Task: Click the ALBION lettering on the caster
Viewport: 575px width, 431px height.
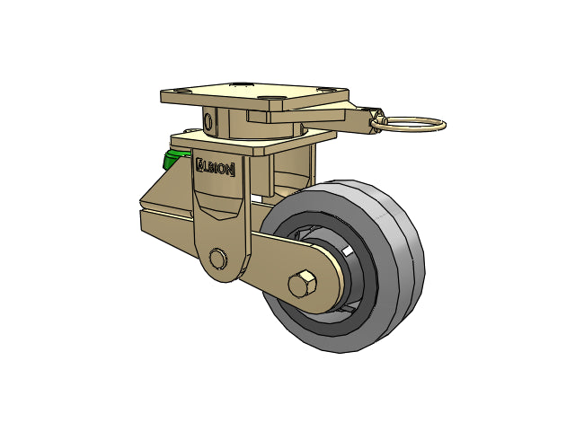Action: point(216,168)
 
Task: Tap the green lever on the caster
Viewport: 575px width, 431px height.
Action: point(176,158)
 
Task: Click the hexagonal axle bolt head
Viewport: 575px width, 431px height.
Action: point(302,285)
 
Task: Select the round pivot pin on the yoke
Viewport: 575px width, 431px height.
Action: point(217,259)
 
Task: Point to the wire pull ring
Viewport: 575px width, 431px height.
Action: point(408,125)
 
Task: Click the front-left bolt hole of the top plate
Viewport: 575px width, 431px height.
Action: point(180,90)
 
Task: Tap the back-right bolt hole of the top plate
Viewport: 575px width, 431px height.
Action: point(325,89)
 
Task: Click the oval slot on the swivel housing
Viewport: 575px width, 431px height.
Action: point(208,121)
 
